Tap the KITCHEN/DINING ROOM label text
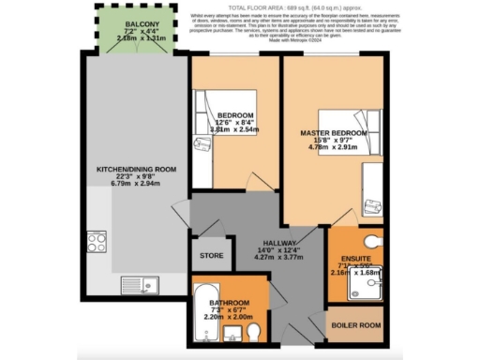(x=137, y=169)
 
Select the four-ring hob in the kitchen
(x=97, y=242)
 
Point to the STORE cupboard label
(x=210, y=255)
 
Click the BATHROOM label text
(x=230, y=304)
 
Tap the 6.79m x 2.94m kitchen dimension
(x=137, y=185)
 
